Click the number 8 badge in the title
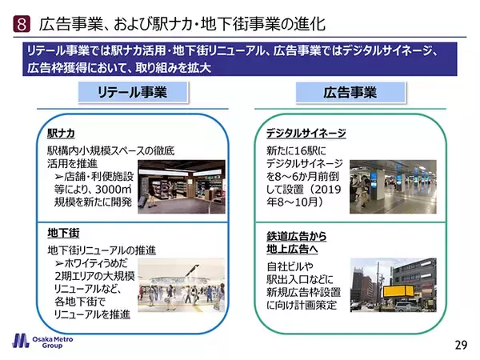click(x=22, y=24)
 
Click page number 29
click(x=461, y=345)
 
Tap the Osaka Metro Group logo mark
click(x=21, y=341)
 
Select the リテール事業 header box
click(x=133, y=92)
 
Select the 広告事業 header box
click(x=350, y=92)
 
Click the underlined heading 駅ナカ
click(x=62, y=134)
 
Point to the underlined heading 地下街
click(x=63, y=234)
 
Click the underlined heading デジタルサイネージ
click(x=306, y=134)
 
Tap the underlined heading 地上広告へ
click(x=292, y=249)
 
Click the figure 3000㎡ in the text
click(x=114, y=189)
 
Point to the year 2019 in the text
click(x=327, y=190)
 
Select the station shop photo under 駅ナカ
click(x=182, y=186)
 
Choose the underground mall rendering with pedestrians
click(x=182, y=285)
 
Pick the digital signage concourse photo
click(x=393, y=186)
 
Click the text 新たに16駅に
click(x=296, y=150)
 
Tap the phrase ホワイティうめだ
click(x=95, y=263)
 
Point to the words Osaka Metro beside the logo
click(x=53, y=339)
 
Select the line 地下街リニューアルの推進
click(x=102, y=250)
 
